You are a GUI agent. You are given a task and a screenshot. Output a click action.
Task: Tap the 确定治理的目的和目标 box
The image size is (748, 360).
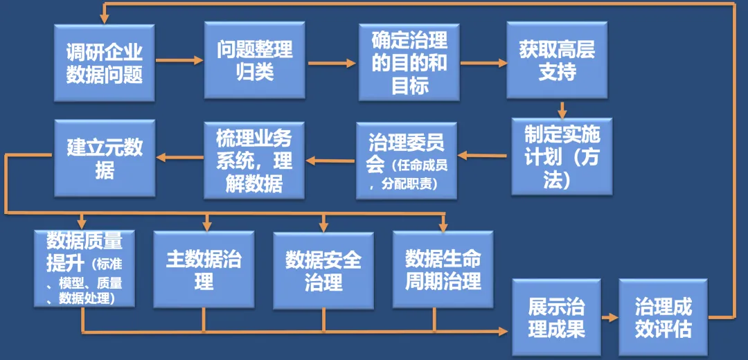pyautogui.click(x=409, y=62)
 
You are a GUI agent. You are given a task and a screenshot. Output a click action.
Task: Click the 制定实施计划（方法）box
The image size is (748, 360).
pyautogui.click(x=562, y=156)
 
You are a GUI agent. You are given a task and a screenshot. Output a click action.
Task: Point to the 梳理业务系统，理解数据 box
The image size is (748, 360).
pyautogui.click(x=254, y=159)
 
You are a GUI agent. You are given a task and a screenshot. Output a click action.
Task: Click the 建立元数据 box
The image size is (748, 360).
pyautogui.click(x=105, y=157)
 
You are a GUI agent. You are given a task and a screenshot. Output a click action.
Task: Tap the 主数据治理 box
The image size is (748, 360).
pyautogui.click(x=204, y=269)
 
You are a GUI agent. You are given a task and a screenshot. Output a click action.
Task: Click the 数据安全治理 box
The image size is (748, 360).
pyautogui.click(x=323, y=271)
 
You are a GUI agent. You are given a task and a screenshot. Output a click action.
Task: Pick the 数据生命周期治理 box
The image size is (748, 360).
pyautogui.click(x=443, y=269)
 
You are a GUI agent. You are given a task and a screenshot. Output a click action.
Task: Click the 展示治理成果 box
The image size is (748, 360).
pyautogui.click(x=556, y=317)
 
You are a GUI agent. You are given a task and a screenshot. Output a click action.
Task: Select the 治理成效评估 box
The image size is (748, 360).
pyautogui.click(x=663, y=317)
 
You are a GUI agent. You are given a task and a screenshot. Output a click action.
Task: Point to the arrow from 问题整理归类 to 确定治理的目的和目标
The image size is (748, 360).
pyautogui.click(x=333, y=64)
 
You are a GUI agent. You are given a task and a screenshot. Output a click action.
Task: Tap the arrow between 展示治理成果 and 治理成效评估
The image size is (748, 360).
pyautogui.click(x=609, y=318)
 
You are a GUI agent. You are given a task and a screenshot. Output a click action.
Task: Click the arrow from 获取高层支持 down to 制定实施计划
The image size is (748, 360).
pyautogui.click(x=562, y=109)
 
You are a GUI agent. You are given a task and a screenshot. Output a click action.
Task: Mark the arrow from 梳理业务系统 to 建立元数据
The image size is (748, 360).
pyautogui.click(x=179, y=157)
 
